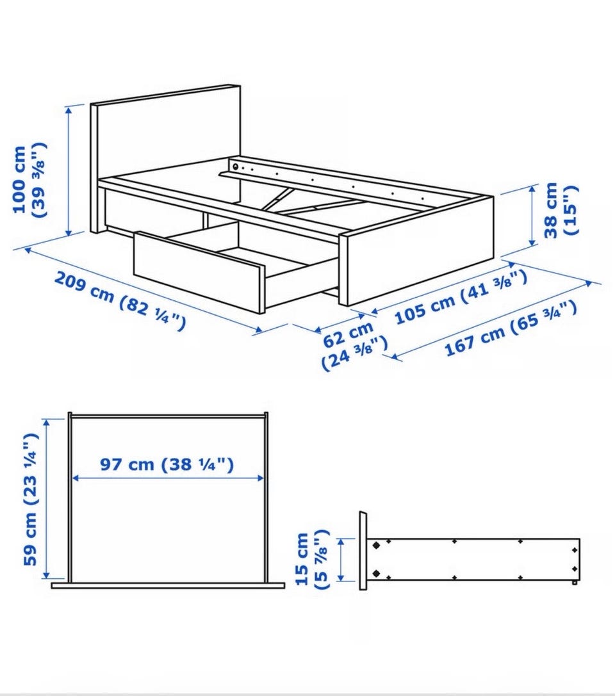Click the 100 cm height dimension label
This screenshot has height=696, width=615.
[x=29, y=180]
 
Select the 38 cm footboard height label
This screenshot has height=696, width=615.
[x=562, y=209]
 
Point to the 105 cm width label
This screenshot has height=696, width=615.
[x=461, y=296]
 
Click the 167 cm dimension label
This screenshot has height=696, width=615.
[x=511, y=328]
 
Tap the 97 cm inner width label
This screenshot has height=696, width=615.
[x=167, y=464]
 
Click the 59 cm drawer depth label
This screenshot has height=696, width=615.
[x=30, y=499]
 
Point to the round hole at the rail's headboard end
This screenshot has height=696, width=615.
[x=235, y=166]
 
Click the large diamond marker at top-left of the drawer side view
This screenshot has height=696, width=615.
[x=376, y=546]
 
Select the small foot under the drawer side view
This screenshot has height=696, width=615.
[x=575, y=583]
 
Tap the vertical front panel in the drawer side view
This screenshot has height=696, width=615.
[x=363, y=551]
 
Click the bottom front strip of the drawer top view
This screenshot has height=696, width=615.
[x=168, y=585]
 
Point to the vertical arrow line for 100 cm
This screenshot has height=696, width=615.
[x=69, y=171]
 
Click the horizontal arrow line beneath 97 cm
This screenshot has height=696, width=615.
[x=168, y=478]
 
